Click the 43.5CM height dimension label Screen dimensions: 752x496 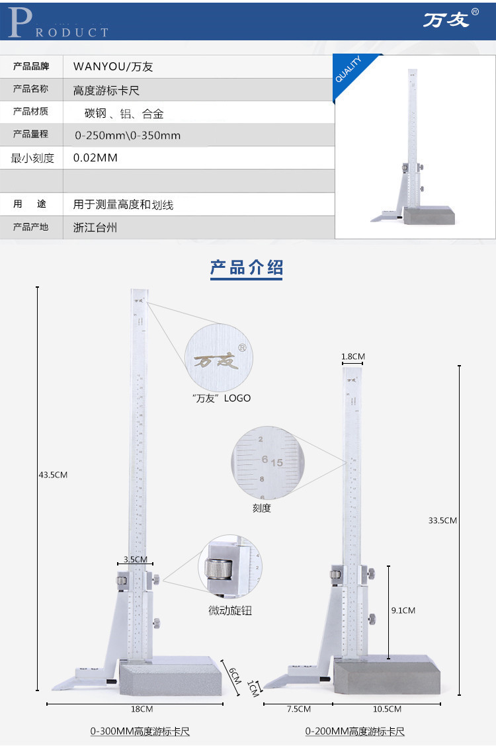tap(54, 474)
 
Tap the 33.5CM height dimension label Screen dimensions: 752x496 tap(442, 520)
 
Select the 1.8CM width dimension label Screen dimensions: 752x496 tap(352, 356)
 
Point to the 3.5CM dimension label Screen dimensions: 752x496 tap(135, 559)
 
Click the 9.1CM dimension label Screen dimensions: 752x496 tap(403, 610)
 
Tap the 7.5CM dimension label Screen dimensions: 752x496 tap(298, 709)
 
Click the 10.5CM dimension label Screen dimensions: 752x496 tap(387, 709)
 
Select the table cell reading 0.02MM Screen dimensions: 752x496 tap(95, 158)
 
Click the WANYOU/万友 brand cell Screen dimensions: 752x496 tap(113, 67)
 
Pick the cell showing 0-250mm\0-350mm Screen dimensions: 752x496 tap(127, 136)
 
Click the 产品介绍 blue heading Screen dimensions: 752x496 tap(247, 268)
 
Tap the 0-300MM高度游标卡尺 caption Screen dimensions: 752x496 tap(140, 731)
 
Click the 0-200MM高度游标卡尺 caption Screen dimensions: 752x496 tap(354, 731)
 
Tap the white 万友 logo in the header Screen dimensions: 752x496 tap(447, 20)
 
